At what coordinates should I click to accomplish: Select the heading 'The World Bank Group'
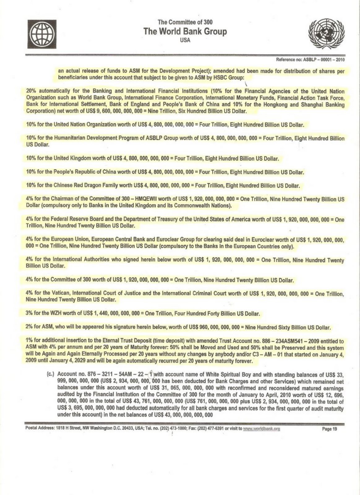pyautogui.click(x=185, y=32)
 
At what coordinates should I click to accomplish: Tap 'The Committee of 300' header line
pyautogui.click(x=185, y=22)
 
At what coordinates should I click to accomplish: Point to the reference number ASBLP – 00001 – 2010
pyautogui.click(x=322, y=59)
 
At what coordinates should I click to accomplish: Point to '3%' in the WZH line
pyautogui.click(x=30, y=313)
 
